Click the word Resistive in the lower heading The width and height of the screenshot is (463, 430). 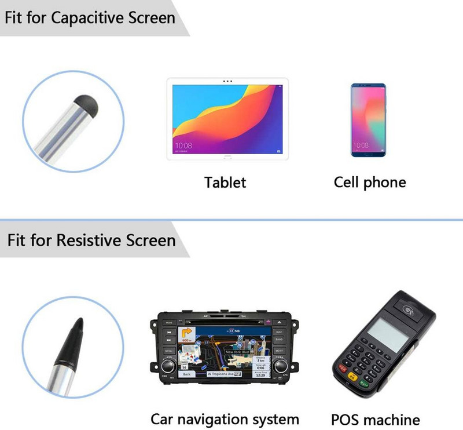(90, 240)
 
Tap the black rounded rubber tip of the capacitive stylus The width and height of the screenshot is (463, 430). (87, 103)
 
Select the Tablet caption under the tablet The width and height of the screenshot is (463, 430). (225, 183)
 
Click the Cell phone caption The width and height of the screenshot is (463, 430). (370, 183)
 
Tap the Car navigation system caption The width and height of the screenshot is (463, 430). (225, 419)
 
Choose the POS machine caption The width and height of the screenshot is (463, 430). (376, 420)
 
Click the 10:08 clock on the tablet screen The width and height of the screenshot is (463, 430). (183, 145)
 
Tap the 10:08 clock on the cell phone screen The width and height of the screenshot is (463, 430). (360, 145)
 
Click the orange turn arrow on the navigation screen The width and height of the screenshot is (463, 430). (188, 334)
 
